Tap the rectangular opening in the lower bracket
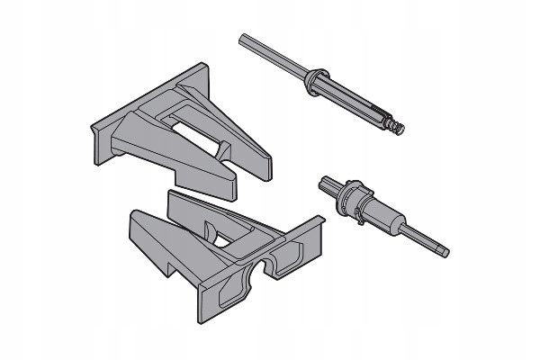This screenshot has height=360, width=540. [x=232, y=235]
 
